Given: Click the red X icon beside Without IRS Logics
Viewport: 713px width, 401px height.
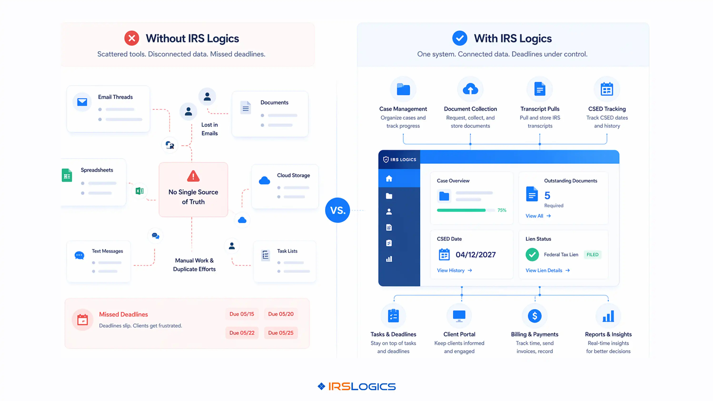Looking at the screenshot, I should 131,38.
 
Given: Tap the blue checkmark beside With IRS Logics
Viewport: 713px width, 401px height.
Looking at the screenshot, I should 460,38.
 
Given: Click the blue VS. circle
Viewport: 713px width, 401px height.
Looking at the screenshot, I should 337,210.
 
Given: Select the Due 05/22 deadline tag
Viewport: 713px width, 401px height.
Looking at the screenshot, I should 242,333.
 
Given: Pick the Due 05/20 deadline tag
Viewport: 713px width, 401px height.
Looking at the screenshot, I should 281,314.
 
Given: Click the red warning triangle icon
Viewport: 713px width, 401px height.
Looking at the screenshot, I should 193,176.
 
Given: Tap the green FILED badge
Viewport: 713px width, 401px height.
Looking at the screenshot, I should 592,255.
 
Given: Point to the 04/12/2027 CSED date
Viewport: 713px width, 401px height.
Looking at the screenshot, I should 475,255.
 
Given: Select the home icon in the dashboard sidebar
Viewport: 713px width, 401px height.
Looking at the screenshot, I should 389,179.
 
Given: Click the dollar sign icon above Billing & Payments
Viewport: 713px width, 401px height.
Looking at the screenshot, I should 535,316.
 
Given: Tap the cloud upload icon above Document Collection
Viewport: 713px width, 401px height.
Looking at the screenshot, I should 470,89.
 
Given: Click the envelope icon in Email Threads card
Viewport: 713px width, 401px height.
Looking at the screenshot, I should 82,102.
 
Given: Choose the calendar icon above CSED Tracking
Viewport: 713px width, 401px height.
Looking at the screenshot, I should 607,89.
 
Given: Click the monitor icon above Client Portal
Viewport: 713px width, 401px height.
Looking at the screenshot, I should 459,316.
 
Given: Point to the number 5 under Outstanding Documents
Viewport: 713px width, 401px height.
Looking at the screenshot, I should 547,195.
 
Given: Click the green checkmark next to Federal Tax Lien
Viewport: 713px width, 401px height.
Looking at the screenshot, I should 532,255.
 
